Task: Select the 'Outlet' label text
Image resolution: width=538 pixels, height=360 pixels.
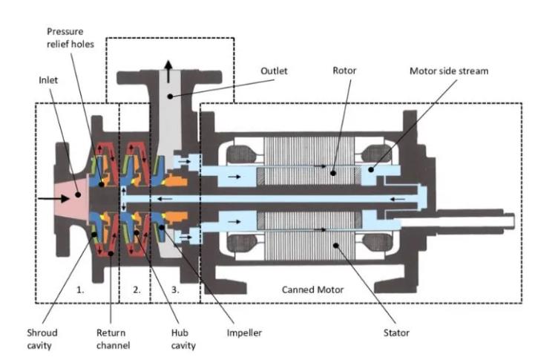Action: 274,71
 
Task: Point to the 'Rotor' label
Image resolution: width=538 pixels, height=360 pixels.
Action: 344,71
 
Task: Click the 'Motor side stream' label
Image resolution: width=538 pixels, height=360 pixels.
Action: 449,71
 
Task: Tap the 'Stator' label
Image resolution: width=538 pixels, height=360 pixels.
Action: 396,333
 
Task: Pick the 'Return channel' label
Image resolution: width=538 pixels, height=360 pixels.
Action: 112,338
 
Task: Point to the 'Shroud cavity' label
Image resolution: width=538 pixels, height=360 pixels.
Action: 45,338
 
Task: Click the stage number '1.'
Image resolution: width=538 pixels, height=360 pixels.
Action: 81,290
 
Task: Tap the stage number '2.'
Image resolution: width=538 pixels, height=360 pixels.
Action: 137,290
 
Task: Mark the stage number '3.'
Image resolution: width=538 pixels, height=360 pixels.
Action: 175,290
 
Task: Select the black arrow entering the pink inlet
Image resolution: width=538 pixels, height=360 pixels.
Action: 48,198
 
